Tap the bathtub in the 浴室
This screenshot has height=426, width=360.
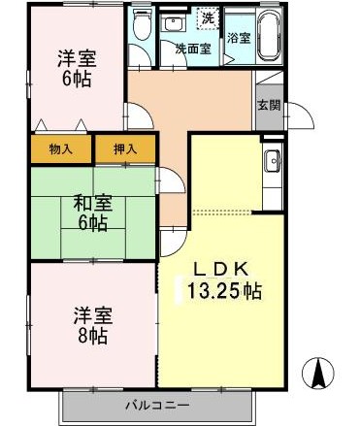coord(268,38)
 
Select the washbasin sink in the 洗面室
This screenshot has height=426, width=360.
coord(176,23)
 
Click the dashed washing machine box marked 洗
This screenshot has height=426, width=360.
coord(207,18)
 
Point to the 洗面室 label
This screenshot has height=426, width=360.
coord(193,47)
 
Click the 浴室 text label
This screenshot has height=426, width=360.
coord(238,39)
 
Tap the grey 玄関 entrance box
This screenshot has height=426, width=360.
coord(269,107)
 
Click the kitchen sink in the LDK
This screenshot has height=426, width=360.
coord(271,163)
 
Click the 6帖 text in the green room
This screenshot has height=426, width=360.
coord(93,223)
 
